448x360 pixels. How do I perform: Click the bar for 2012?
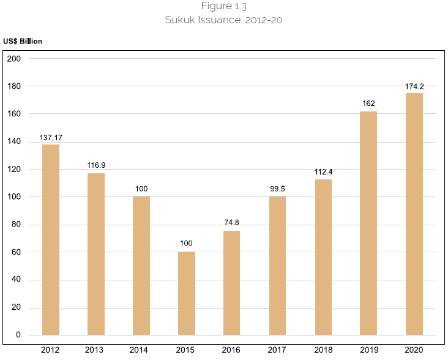pyautogui.click(x=51, y=239)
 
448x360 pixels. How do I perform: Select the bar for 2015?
pyautogui.click(x=187, y=293)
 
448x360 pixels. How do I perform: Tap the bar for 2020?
pyautogui.click(x=414, y=214)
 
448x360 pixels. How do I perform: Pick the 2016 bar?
pyautogui.click(x=232, y=283)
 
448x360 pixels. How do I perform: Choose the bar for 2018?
pyautogui.click(x=323, y=257)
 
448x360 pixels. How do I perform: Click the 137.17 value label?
pyautogui.click(x=51, y=138)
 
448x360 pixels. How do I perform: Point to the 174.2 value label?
pyautogui.click(x=414, y=86)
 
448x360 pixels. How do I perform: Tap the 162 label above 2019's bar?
pyautogui.click(x=368, y=103)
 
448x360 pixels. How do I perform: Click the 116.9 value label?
pyautogui.click(x=96, y=166)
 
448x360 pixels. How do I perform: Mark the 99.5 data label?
pyautogui.click(x=277, y=189)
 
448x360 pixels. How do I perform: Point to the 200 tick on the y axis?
pyautogui.click(x=14, y=59)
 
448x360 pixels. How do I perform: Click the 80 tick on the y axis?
pyautogui.click(x=16, y=225)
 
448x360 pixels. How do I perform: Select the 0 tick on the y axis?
pyautogui.click(x=18, y=336)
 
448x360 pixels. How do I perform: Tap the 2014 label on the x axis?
pyautogui.click(x=141, y=350)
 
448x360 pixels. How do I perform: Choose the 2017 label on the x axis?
pyautogui.click(x=277, y=350)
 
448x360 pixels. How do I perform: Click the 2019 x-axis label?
pyautogui.click(x=368, y=350)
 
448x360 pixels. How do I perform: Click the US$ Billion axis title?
pyautogui.click(x=23, y=41)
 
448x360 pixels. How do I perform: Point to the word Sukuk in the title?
pyautogui.click(x=178, y=20)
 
